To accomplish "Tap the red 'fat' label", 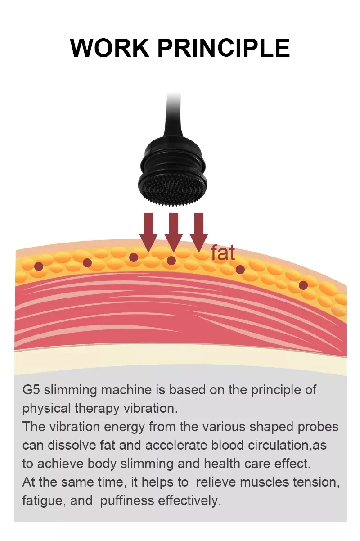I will point(223,253).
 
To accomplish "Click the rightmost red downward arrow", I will point(199,229).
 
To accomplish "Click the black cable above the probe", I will point(174,113).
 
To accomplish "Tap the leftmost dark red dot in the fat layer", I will point(39,266).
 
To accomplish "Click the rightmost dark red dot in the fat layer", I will point(303,284).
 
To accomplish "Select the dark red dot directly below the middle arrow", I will point(171,260).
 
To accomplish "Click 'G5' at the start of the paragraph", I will point(31,389).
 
